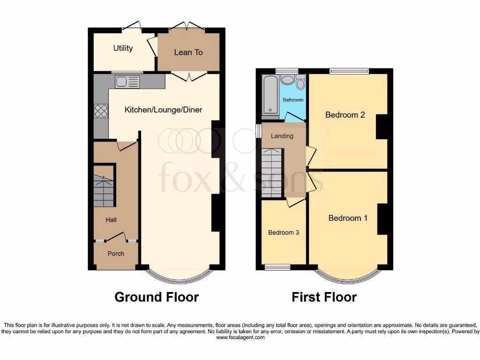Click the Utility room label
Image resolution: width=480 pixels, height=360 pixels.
123,48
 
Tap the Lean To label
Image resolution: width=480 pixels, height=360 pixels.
188,52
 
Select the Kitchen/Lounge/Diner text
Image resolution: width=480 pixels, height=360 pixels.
163,110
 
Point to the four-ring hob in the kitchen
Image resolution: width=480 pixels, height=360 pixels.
101,111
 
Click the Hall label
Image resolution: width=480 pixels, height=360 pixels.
111,220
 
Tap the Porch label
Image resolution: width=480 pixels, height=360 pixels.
116,254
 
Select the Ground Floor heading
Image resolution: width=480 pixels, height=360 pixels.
157,297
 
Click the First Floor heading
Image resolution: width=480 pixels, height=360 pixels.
324,297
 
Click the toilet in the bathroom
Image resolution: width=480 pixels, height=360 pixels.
301,83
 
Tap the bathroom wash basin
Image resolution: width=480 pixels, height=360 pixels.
287,79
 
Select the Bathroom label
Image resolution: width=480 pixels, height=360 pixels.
293,100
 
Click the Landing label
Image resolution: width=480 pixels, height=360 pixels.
282,136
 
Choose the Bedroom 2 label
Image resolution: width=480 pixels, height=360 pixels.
345,115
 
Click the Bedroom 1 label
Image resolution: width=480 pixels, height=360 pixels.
348,218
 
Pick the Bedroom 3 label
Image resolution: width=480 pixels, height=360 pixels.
283,232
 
